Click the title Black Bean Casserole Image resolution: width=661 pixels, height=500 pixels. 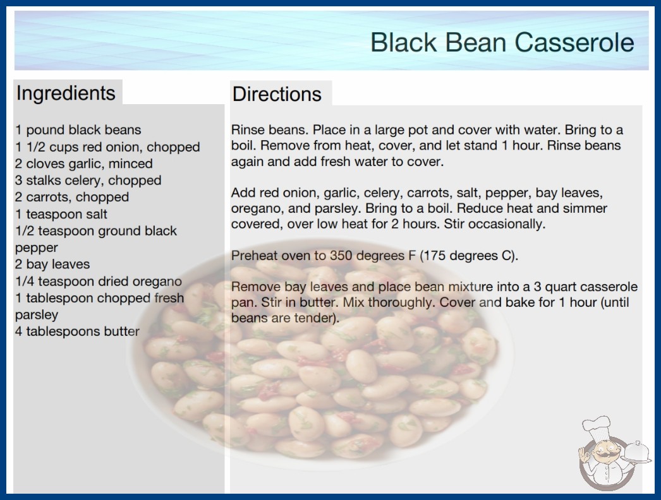[502, 42]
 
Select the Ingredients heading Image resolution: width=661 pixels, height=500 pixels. [66, 93]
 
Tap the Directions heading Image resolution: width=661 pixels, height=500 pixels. [277, 94]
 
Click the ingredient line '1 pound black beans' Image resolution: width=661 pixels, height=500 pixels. [78, 130]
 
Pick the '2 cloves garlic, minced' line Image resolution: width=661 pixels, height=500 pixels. [84, 164]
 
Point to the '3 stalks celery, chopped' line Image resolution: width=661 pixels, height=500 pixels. [88, 181]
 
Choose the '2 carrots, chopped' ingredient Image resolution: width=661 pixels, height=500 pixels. [72, 197]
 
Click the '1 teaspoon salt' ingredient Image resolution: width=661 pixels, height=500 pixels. [61, 214]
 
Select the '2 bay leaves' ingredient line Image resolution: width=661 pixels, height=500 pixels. [52, 264]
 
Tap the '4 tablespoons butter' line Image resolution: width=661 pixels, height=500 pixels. [77, 331]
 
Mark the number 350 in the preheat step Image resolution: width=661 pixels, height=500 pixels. [341, 255]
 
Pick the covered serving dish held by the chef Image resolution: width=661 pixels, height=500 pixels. [637, 453]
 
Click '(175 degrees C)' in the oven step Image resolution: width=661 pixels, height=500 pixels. [469, 255]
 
